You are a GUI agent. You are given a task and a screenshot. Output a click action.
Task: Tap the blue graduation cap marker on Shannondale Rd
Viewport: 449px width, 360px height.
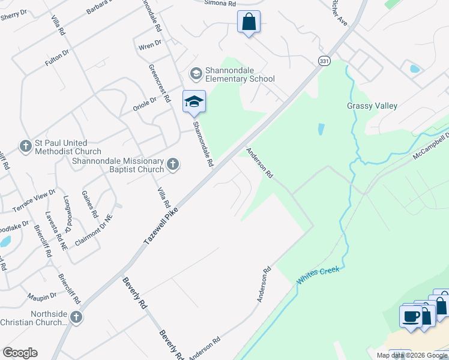[194, 101]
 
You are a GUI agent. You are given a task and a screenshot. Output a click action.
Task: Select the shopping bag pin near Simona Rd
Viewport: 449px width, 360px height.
[249, 23]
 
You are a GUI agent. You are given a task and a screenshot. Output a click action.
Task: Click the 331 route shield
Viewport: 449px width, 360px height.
[324, 61]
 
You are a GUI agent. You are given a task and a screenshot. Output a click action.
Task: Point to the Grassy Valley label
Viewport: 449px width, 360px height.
[372, 106]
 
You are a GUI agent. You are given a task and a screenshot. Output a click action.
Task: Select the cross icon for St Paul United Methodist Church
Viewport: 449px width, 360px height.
[25, 146]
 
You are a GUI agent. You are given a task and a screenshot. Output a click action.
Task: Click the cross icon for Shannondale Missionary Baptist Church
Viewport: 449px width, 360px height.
[173, 164]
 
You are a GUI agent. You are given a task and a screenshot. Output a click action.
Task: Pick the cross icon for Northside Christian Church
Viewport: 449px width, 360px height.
[76, 317]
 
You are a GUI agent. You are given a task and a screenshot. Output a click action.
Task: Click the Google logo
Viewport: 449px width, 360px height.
[20, 353]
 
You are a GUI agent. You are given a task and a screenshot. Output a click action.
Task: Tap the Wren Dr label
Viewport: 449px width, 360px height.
[150, 43]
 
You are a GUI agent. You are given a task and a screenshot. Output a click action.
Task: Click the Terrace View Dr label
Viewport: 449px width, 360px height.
[34, 201]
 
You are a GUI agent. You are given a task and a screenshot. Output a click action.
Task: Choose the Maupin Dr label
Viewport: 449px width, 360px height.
[41, 296]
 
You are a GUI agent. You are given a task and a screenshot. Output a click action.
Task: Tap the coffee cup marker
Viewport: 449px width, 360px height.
[412, 316]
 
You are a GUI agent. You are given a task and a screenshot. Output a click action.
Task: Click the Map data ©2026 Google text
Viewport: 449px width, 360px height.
[411, 355]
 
